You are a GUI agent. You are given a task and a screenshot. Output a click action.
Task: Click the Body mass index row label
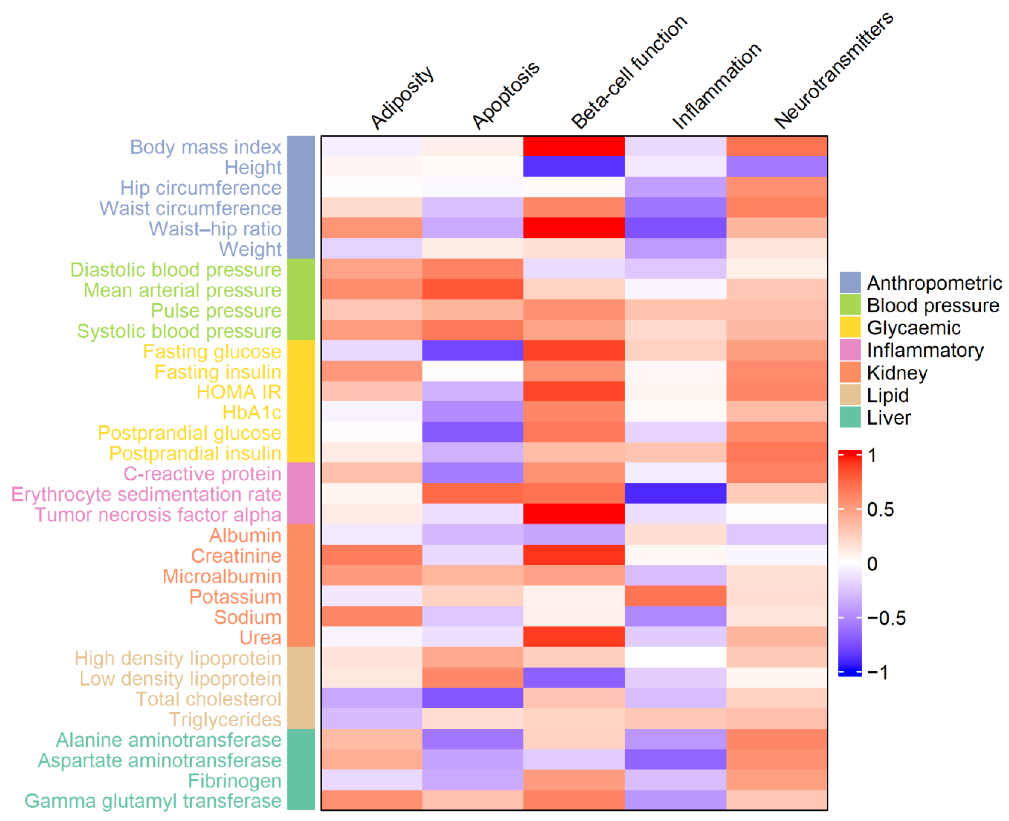(205, 147)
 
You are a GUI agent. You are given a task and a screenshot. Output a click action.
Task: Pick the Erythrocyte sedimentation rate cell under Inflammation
(675, 493)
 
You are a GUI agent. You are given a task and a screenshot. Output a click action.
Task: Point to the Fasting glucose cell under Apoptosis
(473, 350)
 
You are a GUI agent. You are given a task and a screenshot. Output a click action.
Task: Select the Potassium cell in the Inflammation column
(675, 595)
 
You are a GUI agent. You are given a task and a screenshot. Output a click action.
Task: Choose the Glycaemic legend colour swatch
(850, 327)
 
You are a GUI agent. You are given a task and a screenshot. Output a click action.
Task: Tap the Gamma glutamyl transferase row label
(153, 801)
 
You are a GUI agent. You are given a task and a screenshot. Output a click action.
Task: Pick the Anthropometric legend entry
(933, 283)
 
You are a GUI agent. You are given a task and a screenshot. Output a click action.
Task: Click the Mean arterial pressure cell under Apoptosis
(473, 289)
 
